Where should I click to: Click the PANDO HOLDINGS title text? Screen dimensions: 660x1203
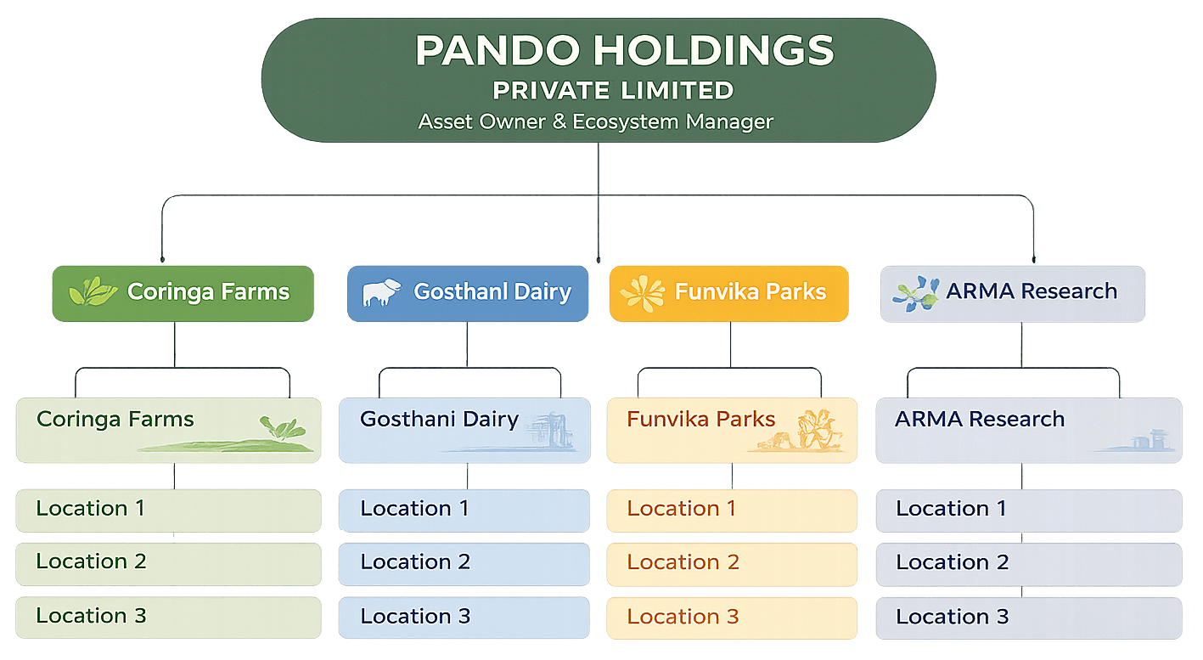(624, 51)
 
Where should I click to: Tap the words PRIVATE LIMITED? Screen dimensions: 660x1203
(613, 90)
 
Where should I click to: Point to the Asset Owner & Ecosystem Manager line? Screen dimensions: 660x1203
(595, 121)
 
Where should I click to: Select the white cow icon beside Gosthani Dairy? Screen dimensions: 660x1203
(381, 292)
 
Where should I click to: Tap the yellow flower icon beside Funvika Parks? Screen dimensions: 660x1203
(642, 292)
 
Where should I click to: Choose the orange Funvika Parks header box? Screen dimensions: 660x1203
(728, 293)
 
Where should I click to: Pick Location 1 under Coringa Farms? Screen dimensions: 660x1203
(90, 509)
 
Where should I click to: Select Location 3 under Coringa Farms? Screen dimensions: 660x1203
(91, 616)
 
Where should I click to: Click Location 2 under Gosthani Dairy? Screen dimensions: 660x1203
(415, 562)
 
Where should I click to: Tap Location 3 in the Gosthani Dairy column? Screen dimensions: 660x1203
(415, 617)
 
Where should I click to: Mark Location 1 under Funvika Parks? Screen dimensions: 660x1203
(682, 509)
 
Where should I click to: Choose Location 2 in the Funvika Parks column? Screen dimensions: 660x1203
(683, 562)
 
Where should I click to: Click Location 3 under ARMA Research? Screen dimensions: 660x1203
(953, 617)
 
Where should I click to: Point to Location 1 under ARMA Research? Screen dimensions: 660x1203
(951, 509)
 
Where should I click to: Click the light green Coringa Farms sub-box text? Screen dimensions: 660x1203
(115, 420)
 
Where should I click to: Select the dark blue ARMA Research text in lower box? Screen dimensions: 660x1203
(980, 420)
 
